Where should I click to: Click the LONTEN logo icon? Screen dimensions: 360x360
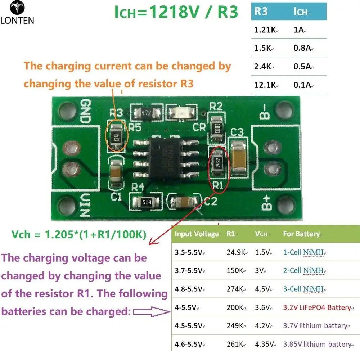click(17, 7)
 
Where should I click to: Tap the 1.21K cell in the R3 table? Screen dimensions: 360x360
click(265, 30)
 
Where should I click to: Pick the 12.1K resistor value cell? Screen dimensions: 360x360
click(265, 85)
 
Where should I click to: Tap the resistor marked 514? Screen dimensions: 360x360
click(146, 202)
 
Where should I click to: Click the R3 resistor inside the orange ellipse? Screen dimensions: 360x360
click(117, 137)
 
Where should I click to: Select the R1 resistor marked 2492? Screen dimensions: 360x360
click(218, 163)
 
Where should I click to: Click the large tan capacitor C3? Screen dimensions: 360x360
click(238, 158)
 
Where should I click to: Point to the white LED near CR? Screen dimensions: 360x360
click(181, 112)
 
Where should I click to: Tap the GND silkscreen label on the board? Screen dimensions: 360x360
click(85, 111)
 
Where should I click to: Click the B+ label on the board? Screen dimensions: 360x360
click(266, 203)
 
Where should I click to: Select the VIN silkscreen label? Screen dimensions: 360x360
click(85, 205)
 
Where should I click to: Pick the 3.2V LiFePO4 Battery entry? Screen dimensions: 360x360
click(317, 307)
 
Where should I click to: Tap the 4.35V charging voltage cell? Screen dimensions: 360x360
click(264, 344)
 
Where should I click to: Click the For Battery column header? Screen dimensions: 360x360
click(301, 234)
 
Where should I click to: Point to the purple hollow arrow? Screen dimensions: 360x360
click(152, 311)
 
